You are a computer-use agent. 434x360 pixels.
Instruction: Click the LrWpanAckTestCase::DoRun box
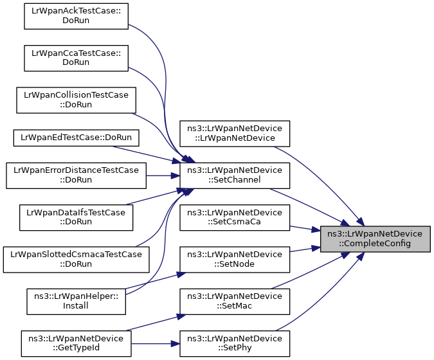76,16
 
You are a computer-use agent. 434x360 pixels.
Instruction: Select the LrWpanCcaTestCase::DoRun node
76,58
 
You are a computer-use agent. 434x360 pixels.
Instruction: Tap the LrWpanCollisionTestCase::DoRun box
76,100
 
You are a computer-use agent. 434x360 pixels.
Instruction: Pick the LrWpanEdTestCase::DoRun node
76,138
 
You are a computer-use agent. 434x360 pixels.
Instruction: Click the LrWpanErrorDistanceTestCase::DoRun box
76,175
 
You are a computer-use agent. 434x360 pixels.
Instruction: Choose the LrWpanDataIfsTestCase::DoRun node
76,217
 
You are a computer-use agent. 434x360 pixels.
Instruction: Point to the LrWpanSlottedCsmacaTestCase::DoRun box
76,260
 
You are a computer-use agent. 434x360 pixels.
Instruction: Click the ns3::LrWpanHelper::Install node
76,301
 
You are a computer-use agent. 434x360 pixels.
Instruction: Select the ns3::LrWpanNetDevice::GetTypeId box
76,344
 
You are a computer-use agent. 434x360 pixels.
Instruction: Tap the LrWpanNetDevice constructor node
235,134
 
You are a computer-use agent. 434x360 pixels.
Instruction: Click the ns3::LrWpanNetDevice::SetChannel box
235,175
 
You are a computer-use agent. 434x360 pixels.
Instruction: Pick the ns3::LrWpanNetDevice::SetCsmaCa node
235,217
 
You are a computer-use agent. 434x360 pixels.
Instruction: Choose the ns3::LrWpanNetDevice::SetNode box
235,260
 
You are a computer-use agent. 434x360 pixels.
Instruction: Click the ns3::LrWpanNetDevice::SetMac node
235,301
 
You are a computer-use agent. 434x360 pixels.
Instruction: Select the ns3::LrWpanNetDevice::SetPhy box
235,344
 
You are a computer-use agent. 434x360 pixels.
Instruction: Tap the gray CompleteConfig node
375,239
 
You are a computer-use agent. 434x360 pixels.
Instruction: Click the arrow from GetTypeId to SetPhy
156,344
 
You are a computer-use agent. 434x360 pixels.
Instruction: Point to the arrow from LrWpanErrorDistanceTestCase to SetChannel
163,175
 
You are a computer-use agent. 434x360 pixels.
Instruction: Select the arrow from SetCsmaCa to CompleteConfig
305,229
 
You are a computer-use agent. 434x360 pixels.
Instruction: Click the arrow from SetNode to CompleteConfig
305,249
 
